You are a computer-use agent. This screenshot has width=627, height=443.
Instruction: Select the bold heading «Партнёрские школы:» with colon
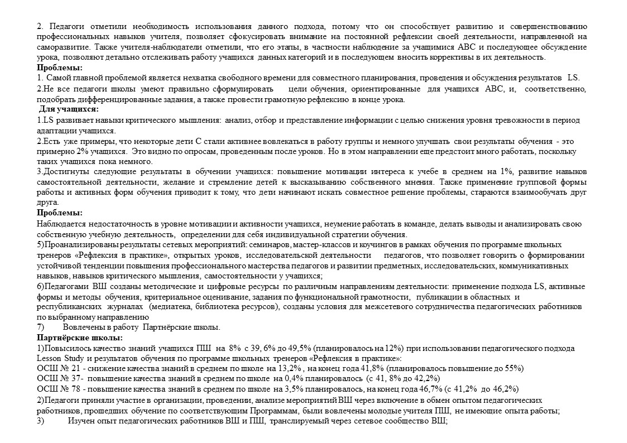[x=80, y=338]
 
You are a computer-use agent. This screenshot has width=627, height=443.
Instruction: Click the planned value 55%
[x=512, y=368]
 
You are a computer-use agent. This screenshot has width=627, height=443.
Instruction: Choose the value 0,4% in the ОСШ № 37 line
[x=284, y=378]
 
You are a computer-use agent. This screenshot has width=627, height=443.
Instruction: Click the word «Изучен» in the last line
[x=82, y=421]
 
